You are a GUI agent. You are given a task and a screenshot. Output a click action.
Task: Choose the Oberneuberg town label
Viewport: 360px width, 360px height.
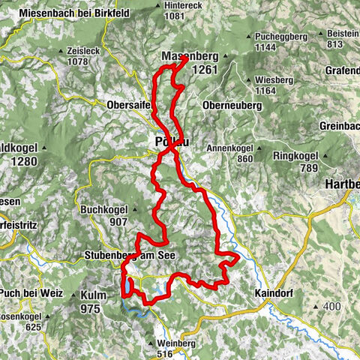[231, 106]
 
